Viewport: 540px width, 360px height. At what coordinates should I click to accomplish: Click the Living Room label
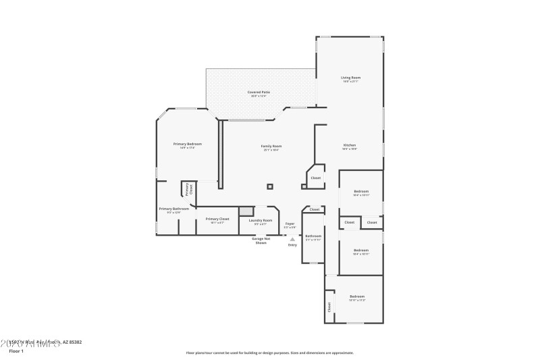coord(350,78)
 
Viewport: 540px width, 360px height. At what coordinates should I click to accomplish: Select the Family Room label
coord(271,147)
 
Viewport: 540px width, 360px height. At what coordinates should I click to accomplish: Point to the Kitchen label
coord(350,145)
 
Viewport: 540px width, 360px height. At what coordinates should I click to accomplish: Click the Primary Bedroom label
coord(188,144)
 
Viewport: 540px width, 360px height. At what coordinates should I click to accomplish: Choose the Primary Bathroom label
coord(174,209)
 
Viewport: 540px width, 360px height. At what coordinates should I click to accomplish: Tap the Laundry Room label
coord(260,220)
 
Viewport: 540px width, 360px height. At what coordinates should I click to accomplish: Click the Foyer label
coord(290,224)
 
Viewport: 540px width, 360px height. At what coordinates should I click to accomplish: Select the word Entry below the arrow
coord(292,245)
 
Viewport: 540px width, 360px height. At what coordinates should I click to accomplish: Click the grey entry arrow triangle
coord(292,238)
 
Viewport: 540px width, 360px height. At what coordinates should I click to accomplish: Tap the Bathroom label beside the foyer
coord(313,236)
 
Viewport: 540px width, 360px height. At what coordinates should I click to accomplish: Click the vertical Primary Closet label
coord(190,189)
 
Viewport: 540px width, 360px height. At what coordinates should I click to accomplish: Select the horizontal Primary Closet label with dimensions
coord(217,220)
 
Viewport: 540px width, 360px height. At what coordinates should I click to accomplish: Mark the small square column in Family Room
coord(270,186)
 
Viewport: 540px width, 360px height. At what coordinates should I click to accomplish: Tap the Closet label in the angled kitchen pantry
coord(315,178)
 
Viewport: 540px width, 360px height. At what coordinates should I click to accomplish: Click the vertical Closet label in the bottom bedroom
coord(329,307)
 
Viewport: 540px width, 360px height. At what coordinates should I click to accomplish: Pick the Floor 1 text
coord(16,351)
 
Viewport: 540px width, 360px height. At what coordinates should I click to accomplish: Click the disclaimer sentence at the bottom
coord(269,353)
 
